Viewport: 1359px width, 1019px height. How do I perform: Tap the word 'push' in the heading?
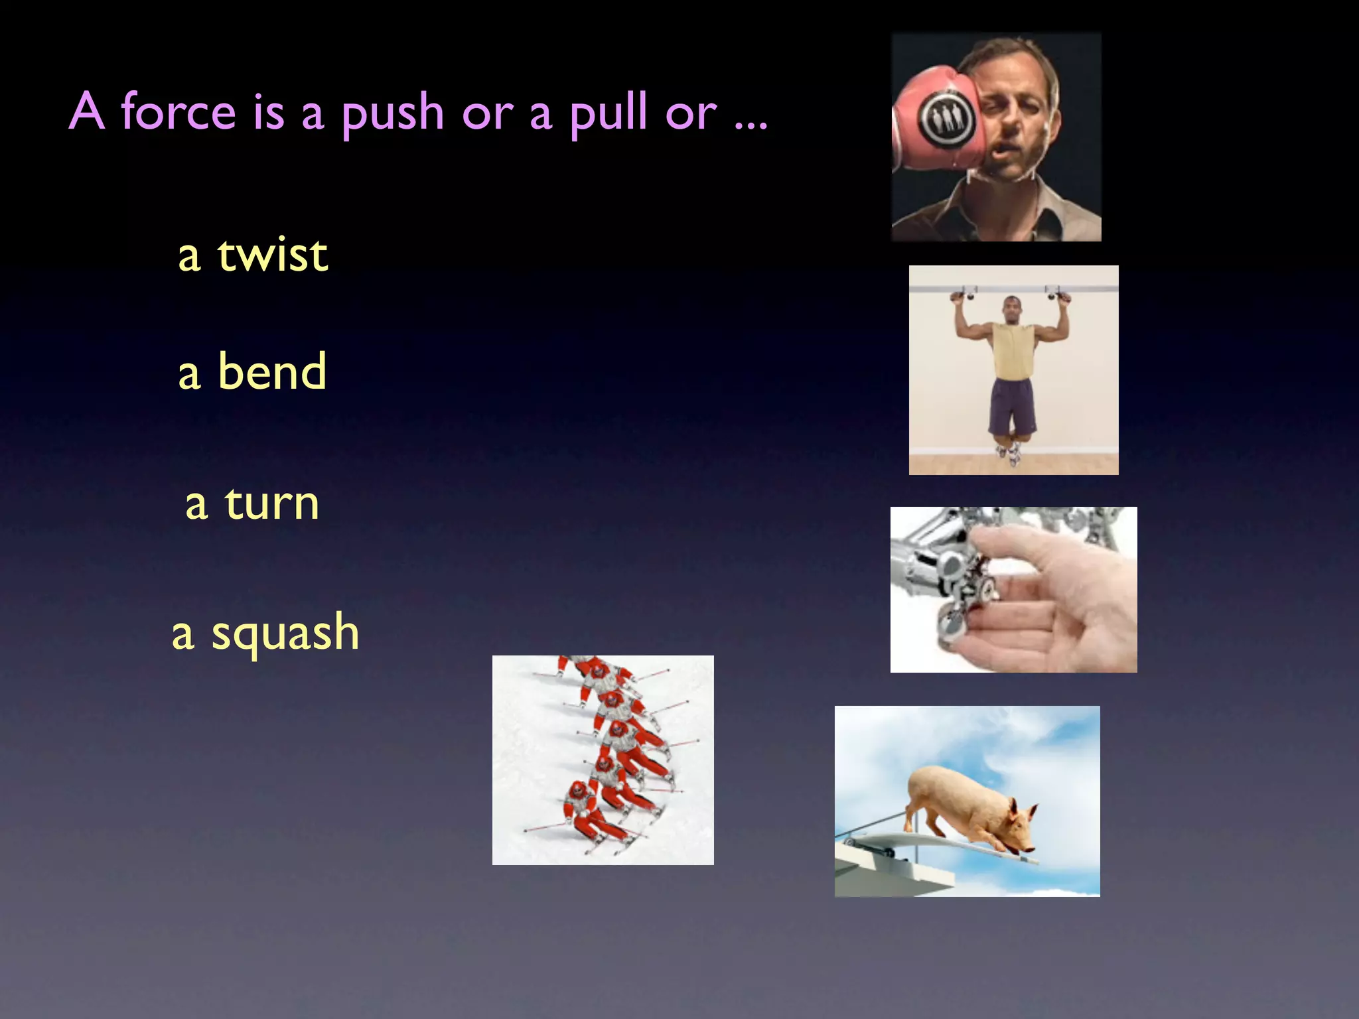pos(393,114)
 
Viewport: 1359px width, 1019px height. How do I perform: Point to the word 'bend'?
pos(272,372)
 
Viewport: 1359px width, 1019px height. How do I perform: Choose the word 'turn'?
pos(272,504)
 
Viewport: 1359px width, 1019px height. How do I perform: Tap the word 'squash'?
pos(285,634)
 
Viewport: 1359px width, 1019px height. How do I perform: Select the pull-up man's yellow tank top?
pos(1013,352)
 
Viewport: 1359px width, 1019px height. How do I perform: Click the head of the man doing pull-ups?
pos(1012,309)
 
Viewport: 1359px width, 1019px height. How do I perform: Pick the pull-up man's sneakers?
pos(1009,453)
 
